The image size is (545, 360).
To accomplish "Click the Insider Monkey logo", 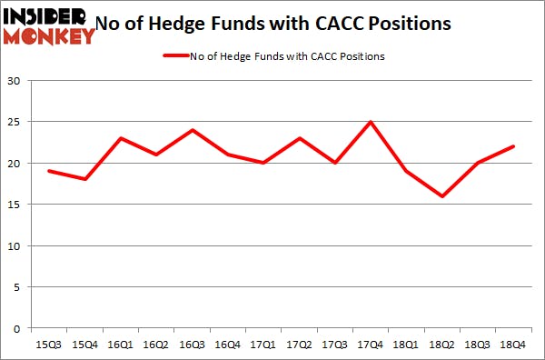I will [x=49, y=25].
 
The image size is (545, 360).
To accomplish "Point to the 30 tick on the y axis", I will [x=15, y=81].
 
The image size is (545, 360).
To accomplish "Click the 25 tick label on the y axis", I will [x=15, y=122].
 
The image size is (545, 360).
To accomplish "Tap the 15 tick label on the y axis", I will [x=15, y=205].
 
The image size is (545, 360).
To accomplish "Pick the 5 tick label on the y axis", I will [x=18, y=287].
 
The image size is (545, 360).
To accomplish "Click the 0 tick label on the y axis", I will [x=18, y=328].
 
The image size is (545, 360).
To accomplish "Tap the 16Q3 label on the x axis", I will [x=191, y=345].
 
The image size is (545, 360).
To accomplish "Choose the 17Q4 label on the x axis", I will [x=370, y=345].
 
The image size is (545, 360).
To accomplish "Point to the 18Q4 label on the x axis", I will [x=513, y=345].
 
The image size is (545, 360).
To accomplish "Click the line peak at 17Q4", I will [x=371, y=122].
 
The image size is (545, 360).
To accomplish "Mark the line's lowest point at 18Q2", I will [x=442, y=196].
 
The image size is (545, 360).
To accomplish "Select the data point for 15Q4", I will [x=84, y=179].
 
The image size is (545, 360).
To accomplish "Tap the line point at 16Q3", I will [x=192, y=130].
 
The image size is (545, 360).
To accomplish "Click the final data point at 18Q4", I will [x=514, y=146].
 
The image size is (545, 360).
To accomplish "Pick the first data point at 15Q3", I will [x=48, y=171].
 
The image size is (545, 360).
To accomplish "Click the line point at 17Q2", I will [x=299, y=138].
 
